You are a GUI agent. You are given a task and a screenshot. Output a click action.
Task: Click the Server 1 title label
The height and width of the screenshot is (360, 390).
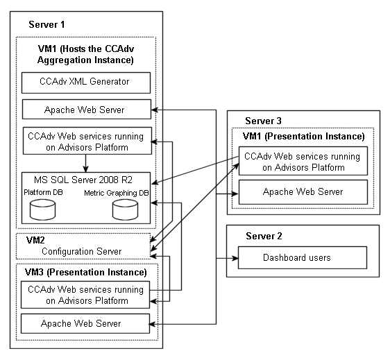46,24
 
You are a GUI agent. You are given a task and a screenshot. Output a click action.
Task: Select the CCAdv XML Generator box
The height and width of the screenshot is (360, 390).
86,83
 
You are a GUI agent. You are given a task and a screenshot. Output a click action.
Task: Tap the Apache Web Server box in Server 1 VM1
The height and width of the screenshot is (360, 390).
87,110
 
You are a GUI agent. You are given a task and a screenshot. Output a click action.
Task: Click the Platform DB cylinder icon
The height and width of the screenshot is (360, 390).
42,209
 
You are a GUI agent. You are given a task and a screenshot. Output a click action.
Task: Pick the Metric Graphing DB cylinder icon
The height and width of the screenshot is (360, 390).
125,209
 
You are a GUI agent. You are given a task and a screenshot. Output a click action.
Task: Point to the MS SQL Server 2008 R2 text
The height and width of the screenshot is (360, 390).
83,180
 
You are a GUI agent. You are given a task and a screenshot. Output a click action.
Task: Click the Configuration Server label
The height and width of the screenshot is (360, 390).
82,251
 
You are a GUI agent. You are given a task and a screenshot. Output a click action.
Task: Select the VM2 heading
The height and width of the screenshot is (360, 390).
35,240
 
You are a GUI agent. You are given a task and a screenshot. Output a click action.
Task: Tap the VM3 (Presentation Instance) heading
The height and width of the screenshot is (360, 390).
86,272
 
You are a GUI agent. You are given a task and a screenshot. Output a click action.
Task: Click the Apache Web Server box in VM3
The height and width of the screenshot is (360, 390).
85,323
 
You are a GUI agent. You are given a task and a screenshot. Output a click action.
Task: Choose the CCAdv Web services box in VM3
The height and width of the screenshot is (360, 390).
85,295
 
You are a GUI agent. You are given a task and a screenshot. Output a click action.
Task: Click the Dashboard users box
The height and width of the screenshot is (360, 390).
303,257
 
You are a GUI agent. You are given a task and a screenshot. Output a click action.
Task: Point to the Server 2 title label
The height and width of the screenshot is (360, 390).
264,236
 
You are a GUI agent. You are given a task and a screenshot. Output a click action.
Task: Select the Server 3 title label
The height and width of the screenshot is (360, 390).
263,121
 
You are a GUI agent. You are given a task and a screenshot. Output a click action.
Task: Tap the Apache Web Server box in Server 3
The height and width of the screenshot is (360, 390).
303,192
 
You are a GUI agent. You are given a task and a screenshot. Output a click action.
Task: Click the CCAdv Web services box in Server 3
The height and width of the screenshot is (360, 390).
303,161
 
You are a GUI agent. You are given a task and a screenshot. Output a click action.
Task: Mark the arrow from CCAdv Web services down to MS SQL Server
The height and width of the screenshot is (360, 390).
85,163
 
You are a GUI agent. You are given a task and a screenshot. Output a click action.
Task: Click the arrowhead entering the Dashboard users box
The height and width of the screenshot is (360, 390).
235,258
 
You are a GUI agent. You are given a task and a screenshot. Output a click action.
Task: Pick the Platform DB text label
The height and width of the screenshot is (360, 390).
43,192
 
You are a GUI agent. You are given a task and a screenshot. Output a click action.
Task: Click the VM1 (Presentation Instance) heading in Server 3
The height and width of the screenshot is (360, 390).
304,136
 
